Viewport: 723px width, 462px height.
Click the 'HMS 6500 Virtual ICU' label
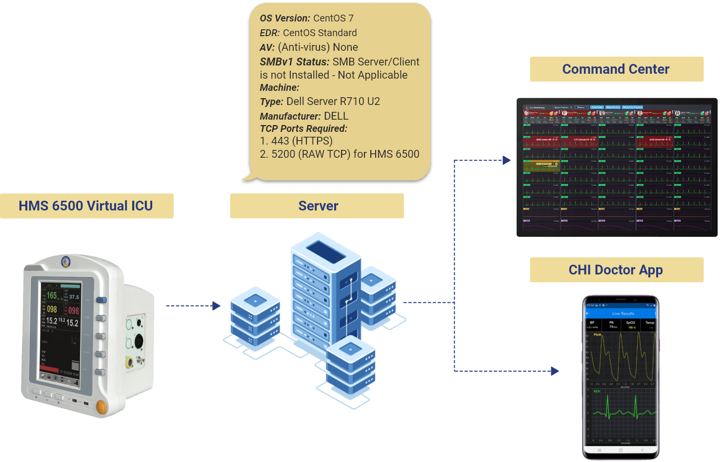86,206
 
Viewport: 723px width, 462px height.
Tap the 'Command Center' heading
616,69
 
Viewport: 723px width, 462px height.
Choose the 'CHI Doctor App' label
616,270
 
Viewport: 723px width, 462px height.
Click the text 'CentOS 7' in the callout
333,19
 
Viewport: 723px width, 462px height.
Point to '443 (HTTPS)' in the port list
301,141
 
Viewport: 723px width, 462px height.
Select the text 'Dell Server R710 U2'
333,102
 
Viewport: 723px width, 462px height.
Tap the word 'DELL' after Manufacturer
336,116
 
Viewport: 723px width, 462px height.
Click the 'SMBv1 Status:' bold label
294,62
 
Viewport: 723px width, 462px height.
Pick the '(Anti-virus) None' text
318,47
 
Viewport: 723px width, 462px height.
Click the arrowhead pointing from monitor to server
217,306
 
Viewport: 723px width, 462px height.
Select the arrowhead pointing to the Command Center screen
507,160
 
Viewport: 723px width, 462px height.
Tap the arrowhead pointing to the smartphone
555,371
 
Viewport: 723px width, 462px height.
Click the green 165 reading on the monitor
52,295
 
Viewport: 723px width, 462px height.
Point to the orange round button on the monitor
102,406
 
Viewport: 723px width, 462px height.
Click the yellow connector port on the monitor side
129,362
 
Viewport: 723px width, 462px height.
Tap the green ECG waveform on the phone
621,410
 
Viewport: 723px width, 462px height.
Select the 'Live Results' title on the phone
623,314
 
